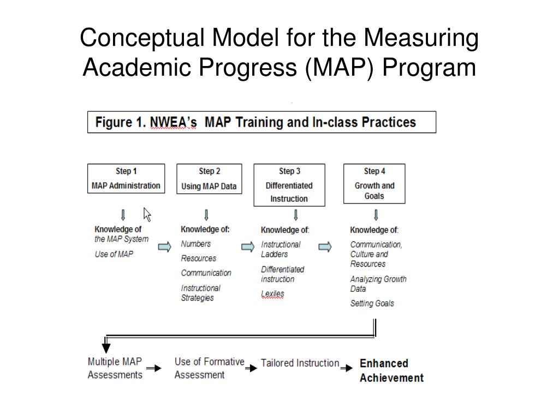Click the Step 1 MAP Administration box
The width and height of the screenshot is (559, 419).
tap(126, 178)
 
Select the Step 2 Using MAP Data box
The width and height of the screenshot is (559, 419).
tap(209, 178)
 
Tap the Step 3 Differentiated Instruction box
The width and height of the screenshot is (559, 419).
tap(289, 185)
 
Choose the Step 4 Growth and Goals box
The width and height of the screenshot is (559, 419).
tap(374, 183)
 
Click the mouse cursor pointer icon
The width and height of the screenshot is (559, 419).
tap(147, 214)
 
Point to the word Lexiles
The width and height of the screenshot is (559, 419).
tap(272, 294)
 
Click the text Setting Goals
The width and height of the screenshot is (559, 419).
tap(372, 303)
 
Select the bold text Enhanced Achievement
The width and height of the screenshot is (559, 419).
tap(391, 370)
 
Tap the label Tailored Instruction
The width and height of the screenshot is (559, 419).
tap(300, 363)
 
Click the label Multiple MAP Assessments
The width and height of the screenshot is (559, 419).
tap(115, 368)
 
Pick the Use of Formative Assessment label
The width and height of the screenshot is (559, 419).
tap(209, 368)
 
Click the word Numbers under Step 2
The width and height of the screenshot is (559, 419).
tap(195, 244)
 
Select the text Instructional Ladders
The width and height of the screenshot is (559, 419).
tap(281, 249)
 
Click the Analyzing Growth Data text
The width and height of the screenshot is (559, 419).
tap(378, 284)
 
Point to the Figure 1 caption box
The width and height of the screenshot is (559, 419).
tap(261, 122)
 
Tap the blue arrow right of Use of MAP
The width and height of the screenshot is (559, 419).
tap(164, 247)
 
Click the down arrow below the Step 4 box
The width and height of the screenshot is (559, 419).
tap(376, 214)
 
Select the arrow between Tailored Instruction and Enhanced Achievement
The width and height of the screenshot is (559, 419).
tap(347, 368)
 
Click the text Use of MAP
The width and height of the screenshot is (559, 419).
tap(114, 254)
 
